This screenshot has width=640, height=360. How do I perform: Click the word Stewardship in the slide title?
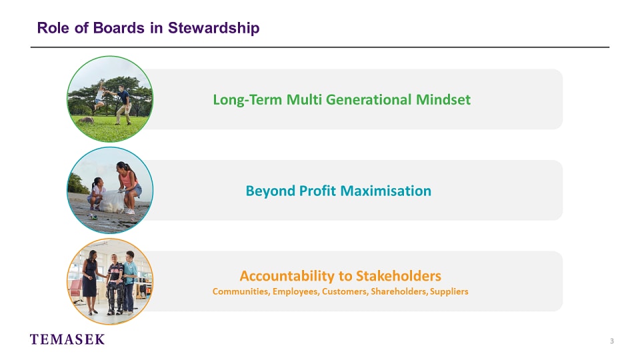point(213,28)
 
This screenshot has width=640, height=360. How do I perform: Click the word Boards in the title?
point(119,28)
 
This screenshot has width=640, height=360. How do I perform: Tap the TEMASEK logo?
point(67,339)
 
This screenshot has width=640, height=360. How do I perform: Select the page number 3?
point(611,341)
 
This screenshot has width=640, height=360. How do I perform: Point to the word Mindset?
point(443,99)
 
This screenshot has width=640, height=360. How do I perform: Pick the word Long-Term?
point(247,100)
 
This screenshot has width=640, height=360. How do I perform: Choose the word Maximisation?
point(386,191)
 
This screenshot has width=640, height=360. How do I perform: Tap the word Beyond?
point(270,191)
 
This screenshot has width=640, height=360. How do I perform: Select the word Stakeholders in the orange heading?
point(399,276)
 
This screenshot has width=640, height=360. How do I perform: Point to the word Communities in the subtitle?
point(241,291)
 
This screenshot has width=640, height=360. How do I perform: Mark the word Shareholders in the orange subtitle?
point(399,291)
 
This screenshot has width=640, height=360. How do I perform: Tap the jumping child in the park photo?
point(99,95)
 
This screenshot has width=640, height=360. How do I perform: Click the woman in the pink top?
point(129,186)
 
